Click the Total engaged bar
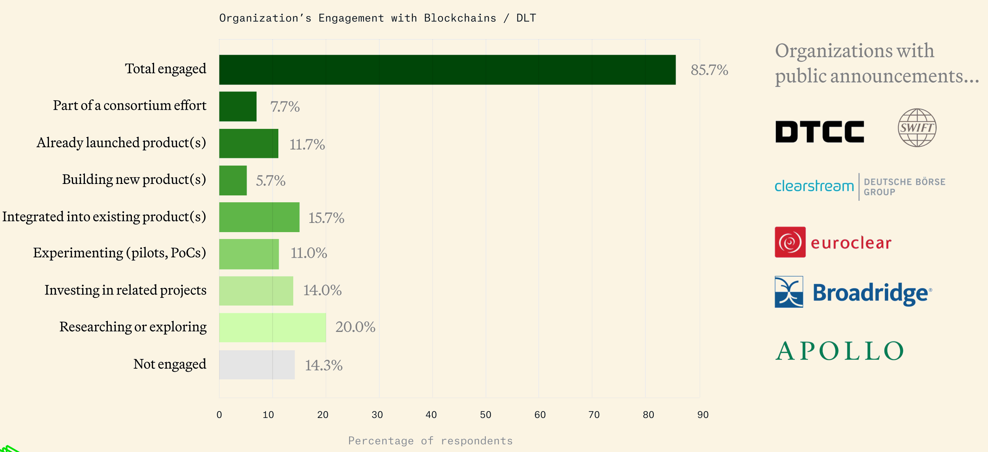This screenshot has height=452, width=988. pos(447,70)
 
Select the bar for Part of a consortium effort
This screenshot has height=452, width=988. pos(238,106)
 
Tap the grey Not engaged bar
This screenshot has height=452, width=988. pos(257,364)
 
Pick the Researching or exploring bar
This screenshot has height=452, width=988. pos(272,327)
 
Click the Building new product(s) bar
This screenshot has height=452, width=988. pos(233,180)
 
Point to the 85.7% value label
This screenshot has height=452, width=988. pos(709,70)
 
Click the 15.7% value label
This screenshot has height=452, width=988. pos(326,218)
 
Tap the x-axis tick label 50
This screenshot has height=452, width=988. pos(485,415)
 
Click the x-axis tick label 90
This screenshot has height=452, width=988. pos(703,415)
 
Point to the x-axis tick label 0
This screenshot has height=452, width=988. pos(219,415)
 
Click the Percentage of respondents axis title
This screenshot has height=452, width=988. pos(430,441)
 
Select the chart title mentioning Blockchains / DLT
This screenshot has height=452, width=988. pos(377,18)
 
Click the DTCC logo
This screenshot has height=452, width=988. pos(819,132)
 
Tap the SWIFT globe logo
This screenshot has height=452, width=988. pos(916,127)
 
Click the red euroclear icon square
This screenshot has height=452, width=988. pos(790,242)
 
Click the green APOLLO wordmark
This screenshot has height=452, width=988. pos(839,351)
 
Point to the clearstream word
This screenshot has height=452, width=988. pos(814,186)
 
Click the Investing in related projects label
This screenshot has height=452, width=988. pos(125,290)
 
